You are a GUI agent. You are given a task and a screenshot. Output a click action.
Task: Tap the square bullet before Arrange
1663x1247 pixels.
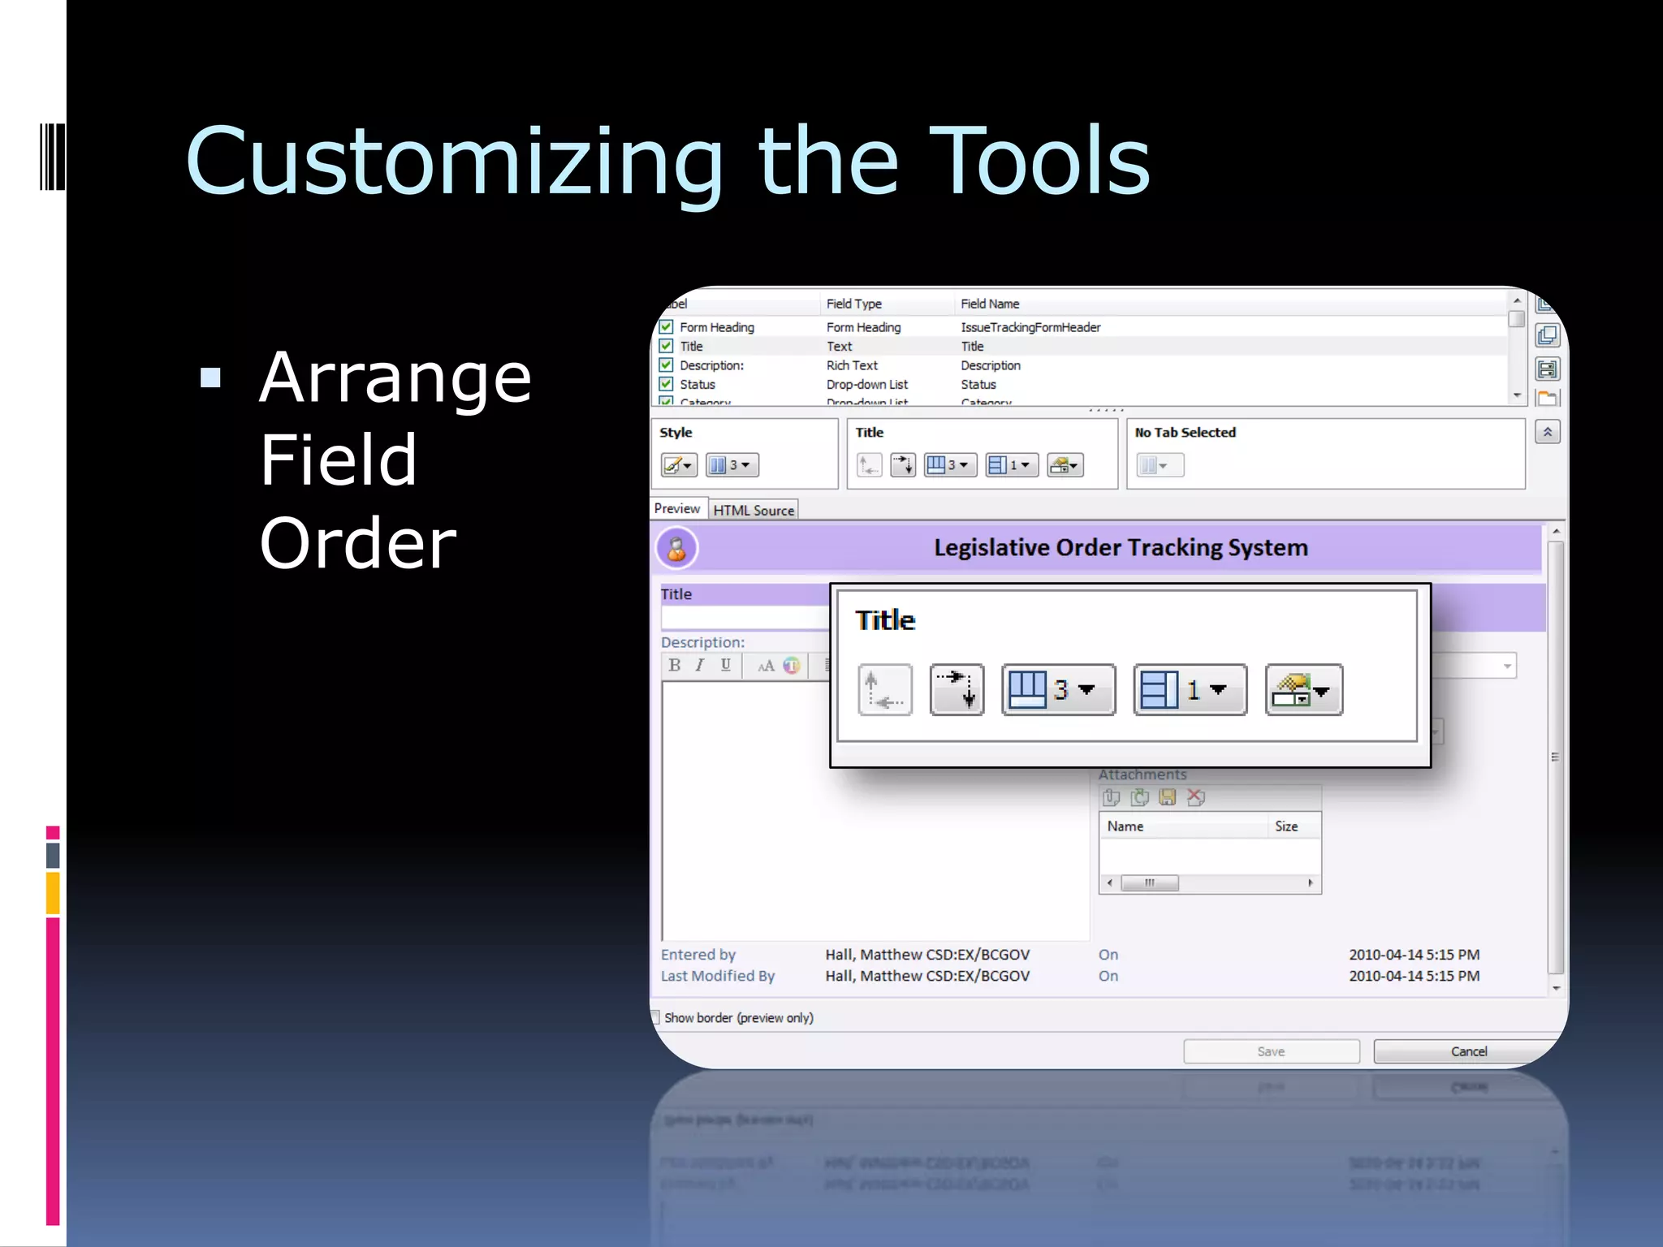(x=210, y=378)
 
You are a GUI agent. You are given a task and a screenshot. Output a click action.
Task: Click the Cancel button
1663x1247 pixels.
(x=1468, y=1051)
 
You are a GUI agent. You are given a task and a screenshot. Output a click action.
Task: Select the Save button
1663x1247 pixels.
(x=1271, y=1051)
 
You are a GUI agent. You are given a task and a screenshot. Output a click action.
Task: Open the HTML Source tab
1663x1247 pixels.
(x=754, y=510)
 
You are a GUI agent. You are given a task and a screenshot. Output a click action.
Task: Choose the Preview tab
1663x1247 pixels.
(x=676, y=508)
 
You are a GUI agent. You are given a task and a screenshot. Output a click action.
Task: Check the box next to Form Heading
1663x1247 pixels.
(x=667, y=327)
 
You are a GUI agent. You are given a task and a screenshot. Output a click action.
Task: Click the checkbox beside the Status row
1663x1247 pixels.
(x=667, y=384)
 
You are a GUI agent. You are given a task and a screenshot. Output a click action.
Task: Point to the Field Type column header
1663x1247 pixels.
(x=853, y=304)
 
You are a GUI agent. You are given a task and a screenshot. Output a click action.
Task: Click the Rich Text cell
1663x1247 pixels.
(x=852, y=365)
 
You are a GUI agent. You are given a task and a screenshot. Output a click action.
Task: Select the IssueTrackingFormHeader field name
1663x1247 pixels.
(x=1030, y=327)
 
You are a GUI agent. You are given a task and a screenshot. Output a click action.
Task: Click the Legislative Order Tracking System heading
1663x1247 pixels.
(x=1121, y=548)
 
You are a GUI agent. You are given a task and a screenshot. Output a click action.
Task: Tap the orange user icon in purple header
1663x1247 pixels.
(x=676, y=549)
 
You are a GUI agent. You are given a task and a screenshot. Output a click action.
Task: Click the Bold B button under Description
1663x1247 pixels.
(x=675, y=666)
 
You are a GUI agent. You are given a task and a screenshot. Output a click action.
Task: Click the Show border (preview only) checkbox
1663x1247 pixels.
(x=655, y=1017)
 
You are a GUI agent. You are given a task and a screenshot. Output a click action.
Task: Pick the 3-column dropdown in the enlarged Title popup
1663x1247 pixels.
(x=1058, y=690)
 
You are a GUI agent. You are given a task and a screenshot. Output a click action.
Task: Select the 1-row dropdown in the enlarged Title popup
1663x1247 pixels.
(x=1190, y=690)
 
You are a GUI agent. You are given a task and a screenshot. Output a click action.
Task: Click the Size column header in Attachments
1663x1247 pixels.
(x=1286, y=826)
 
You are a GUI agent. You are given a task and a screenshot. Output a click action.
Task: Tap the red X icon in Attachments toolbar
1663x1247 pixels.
(x=1195, y=797)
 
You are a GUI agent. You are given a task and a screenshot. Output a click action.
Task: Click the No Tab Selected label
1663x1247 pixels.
(x=1185, y=433)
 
